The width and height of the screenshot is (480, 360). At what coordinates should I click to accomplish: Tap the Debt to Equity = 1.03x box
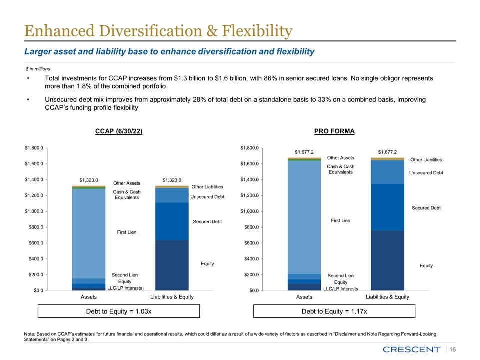119,311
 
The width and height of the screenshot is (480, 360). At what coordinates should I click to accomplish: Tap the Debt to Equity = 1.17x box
334,311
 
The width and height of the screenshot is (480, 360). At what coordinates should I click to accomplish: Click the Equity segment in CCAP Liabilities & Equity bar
172,265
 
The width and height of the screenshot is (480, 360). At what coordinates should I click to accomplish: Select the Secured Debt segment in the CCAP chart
172,221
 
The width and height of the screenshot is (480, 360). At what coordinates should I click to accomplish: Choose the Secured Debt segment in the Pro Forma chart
387,207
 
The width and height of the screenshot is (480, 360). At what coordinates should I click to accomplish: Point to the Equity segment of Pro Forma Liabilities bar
387,260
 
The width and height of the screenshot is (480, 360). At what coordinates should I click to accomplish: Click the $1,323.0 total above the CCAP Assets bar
89,180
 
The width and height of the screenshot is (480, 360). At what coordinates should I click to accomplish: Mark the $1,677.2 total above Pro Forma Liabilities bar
387,152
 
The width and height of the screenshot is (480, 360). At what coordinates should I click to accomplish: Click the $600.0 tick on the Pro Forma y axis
249,243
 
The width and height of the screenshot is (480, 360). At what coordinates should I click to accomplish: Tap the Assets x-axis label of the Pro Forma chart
304,298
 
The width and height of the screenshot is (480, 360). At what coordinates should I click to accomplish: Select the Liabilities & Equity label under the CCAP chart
172,298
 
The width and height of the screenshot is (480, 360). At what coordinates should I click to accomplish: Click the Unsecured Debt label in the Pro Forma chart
426,173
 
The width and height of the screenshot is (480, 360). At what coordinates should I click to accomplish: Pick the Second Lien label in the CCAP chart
124,275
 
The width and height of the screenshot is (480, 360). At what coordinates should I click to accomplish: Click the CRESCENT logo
413,348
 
